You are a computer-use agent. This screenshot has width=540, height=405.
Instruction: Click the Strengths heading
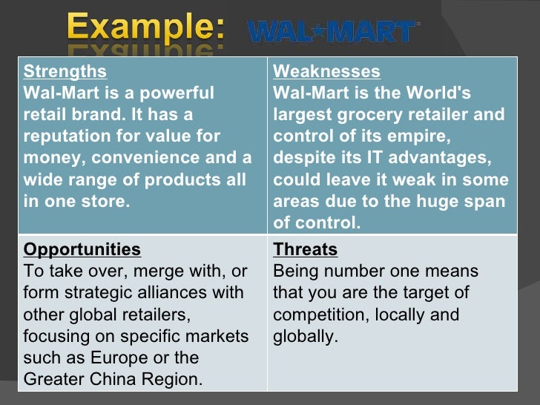(65, 72)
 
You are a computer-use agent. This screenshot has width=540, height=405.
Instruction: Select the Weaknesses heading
(326, 72)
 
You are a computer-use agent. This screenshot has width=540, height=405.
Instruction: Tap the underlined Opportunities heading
(82, 249)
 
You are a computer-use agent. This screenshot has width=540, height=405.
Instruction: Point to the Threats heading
(305, 249)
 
